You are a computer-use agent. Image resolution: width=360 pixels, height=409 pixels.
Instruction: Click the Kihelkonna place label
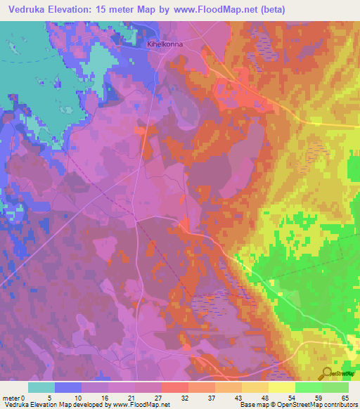tap(166, 44)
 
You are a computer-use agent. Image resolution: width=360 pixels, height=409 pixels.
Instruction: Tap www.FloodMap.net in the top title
tap(260, 9)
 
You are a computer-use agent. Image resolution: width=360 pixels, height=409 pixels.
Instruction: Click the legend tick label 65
tap(345, 397)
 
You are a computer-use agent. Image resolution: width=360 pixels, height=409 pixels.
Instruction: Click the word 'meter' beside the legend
tap(11, 397)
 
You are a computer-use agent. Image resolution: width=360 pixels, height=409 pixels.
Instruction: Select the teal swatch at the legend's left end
tap(41, 387)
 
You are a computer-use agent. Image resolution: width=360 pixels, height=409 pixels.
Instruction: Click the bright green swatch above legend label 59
tap(309, 387)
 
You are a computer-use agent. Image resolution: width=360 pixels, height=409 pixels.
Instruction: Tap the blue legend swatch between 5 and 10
tap(68, 387)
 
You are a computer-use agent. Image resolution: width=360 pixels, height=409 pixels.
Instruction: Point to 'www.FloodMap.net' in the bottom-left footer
tap(141, 405)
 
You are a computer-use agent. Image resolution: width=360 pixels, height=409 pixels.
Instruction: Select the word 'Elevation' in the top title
tap(84, 9)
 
